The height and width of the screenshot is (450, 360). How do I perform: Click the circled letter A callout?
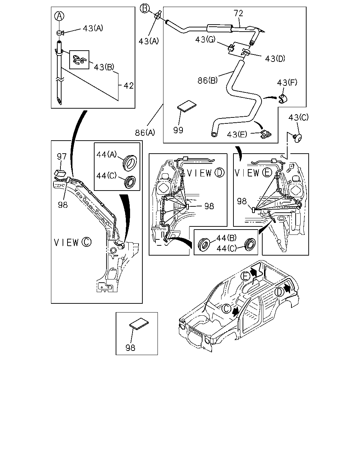click(59, 16)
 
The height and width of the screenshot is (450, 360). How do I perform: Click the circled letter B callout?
click(145, 8)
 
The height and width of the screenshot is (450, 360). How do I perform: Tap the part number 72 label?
click(238, 13)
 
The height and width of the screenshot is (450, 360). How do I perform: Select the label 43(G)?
click(205, 39)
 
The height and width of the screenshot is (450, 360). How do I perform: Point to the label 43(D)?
click(275, 59)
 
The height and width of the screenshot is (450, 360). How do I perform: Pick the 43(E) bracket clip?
click(266, 134)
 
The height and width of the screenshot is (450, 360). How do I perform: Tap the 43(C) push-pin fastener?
click(297, 138)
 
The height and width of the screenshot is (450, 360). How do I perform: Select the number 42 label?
click(128, 85)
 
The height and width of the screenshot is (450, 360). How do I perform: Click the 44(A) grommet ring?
click(129, 161)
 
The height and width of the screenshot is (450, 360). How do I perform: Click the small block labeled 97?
click(60, 173)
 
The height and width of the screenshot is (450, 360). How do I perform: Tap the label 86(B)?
click(207, 80)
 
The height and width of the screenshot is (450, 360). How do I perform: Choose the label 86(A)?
click(145, 133)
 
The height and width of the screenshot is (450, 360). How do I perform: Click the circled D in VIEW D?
click(220, 173)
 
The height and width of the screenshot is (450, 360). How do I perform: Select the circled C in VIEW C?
click(86, 242)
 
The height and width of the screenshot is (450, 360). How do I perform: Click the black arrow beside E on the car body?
click(254, 272)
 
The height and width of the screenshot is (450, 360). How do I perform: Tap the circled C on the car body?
click(226, 309)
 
